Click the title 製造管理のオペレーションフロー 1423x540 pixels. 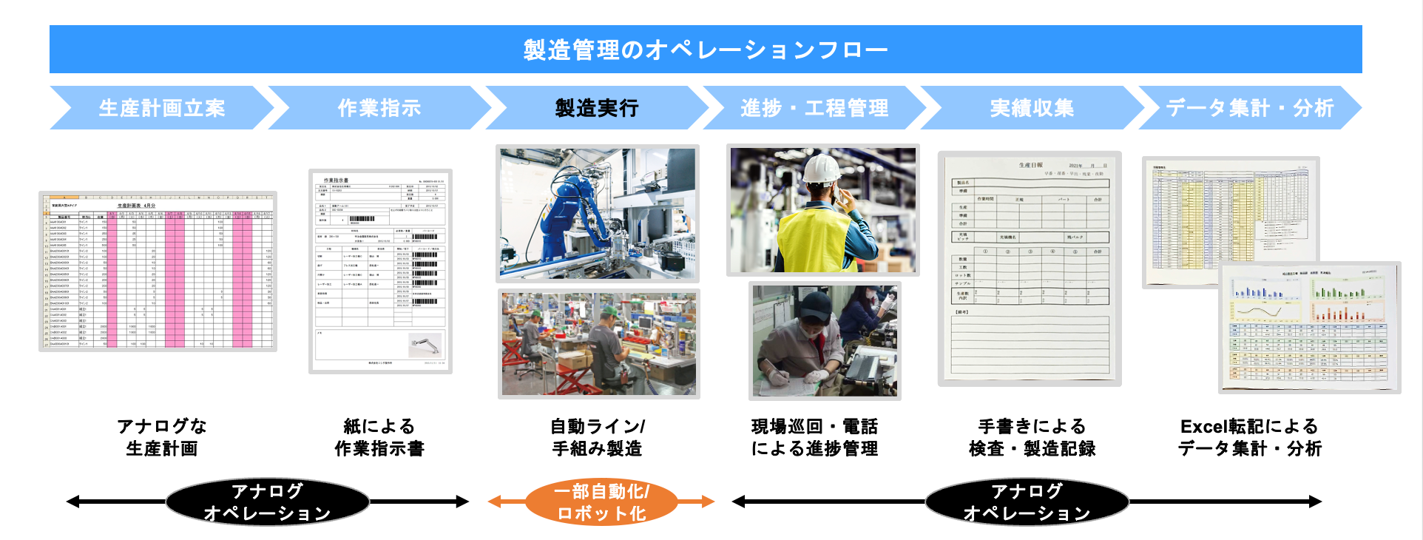(x=705, y=50)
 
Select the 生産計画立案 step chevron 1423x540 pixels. (x=162, y=108)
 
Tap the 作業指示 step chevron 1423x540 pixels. (x=379, y=108)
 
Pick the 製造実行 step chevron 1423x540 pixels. (x=596, y=108)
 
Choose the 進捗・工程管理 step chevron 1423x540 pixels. (x=814, y=108)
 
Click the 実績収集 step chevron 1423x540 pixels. (x=1031, y=108)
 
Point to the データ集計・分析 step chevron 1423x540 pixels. (x=1249, y=108)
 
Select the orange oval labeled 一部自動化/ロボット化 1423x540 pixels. (x=601, y=502)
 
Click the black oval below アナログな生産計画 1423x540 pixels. (x=267, y=502)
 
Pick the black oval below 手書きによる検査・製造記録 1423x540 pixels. (x=1027, y=502)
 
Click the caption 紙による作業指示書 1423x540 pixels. (x=379, y=437)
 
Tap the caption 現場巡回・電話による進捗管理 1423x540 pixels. (x=814, y=437)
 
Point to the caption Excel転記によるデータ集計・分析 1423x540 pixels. (x=1249, y=437)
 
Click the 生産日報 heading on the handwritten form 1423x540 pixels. (x=1030, y=166)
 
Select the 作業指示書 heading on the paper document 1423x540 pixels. (x=336, y=180)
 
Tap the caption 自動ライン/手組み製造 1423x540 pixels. (x=596, y=437)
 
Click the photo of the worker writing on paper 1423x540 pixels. (x=824, y=340)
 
